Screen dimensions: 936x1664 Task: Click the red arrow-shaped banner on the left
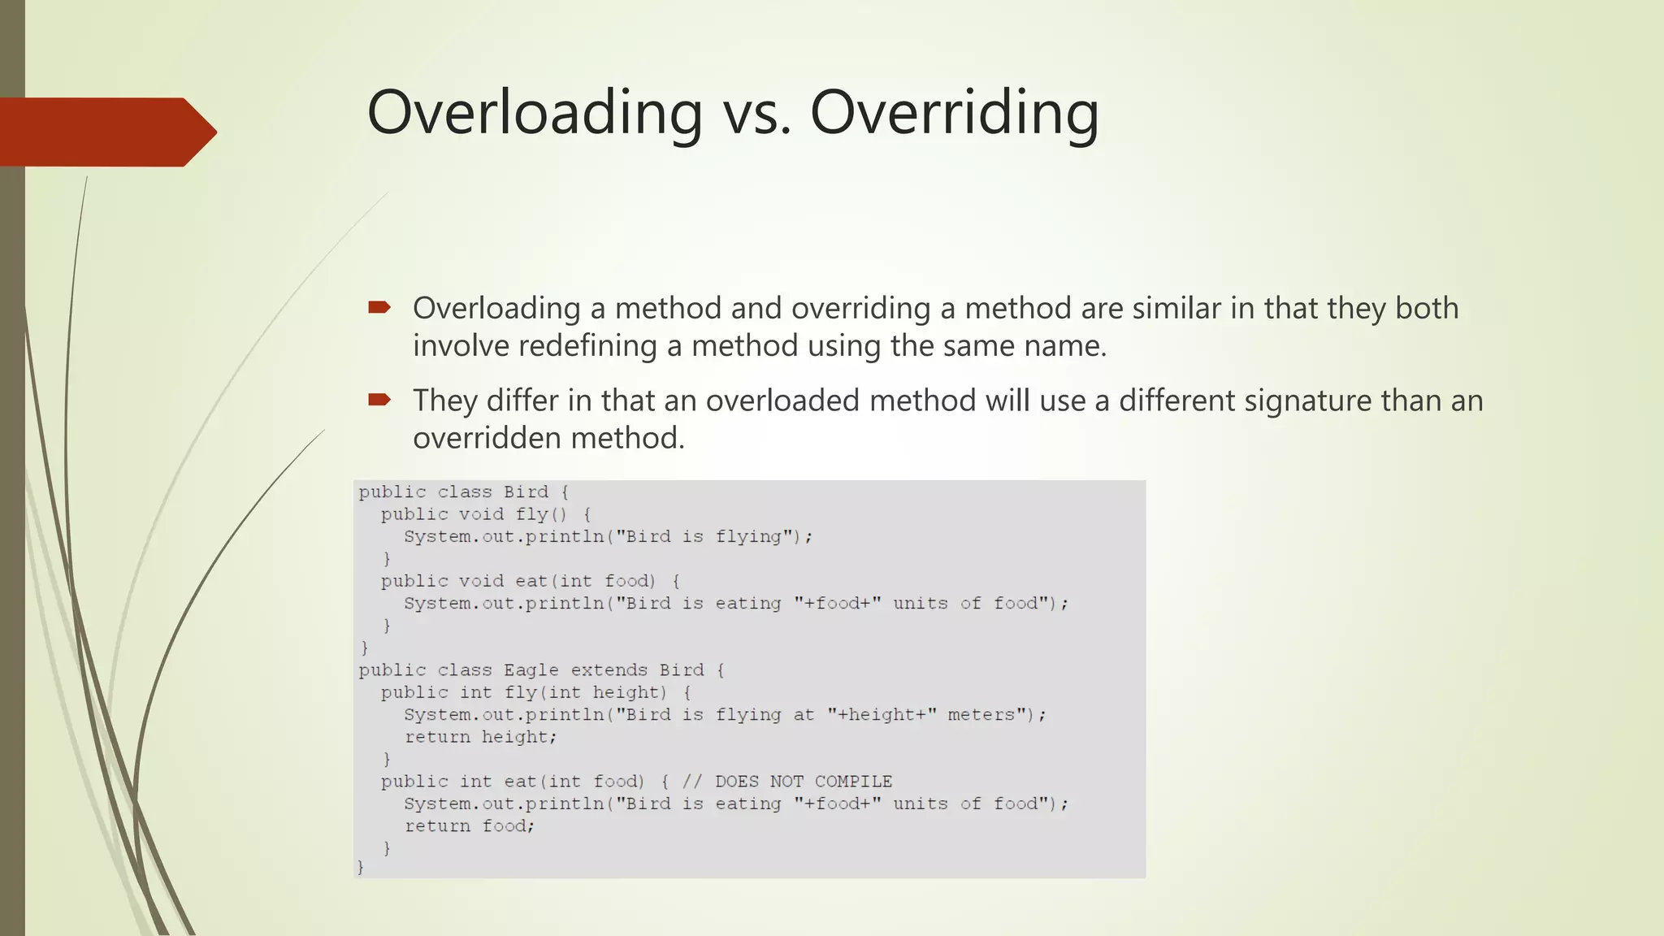(x=106, y=132)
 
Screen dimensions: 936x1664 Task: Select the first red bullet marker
(x=379, y=307)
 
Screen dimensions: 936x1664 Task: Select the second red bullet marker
(x=379, y=399)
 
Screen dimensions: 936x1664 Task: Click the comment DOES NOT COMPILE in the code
(x=803, y=782)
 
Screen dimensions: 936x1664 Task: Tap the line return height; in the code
(x=480, y=737)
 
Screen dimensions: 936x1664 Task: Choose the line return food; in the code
(x=470, y=826)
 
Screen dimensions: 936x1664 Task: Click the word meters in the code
(x=981, y=715)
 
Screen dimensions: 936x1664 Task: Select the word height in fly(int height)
(x=628, y=692)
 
